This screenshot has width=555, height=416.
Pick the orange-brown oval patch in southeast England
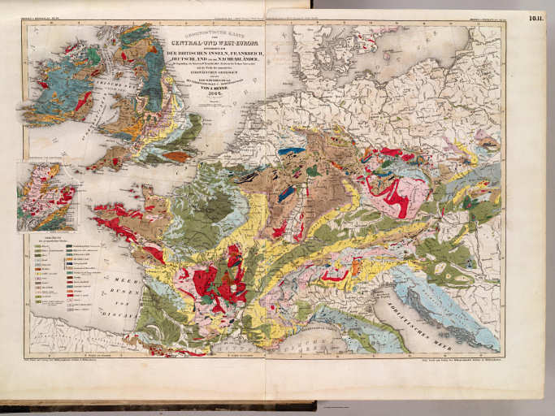(176, 156)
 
